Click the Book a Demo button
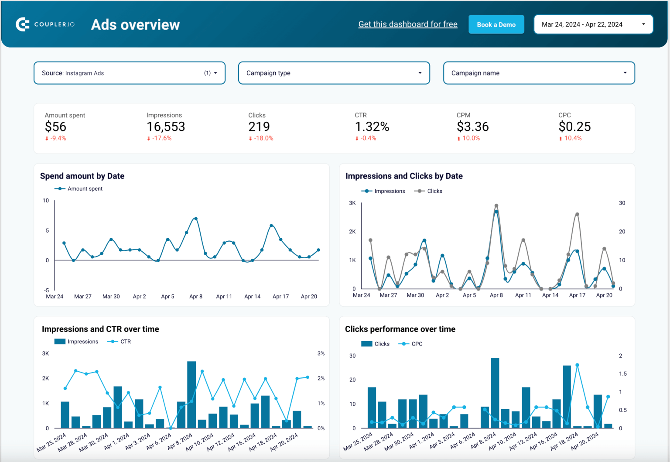click(x=496, y=25)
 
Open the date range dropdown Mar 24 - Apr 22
click(x=593, y=24)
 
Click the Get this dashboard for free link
click(x=407, y=24)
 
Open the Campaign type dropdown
click(x=334, y=73)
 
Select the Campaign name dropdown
click(x=539, y=73)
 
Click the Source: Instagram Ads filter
click(x=129, y=73)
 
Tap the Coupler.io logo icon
click(x=23, y=24)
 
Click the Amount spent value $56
click(x=55, y=127)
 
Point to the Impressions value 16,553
click(x=166, y=127)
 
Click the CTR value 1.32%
click(x=372, y=127)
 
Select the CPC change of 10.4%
click(x=572, y=138)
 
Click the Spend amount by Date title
click(x=82, y=176)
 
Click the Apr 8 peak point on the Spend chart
click(x=196, y=219)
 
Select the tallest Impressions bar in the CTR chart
click(x=191, y=394)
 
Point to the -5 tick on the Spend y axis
click(x=46, y=290)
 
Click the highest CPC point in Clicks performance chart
click(x=577, y=365)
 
